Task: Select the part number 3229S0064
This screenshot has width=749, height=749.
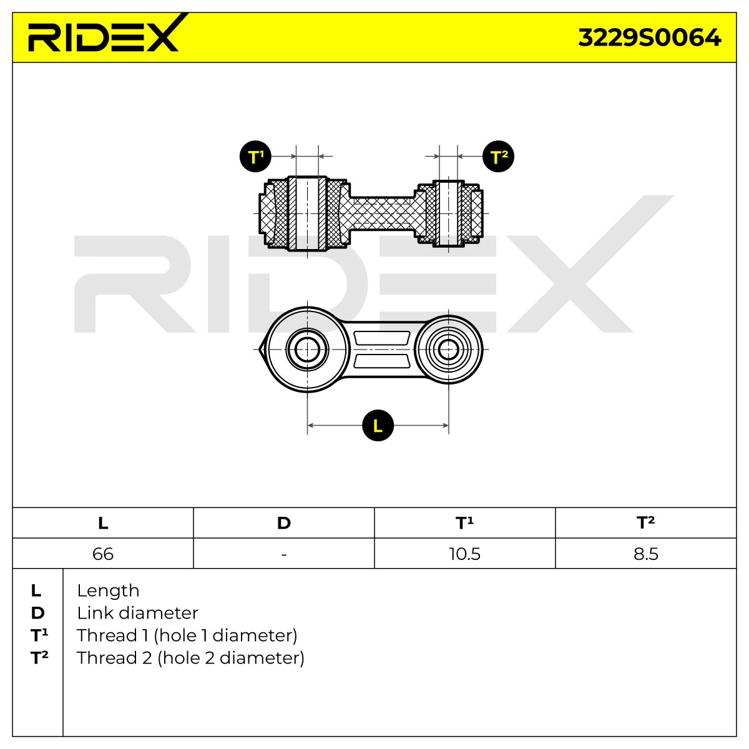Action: (650, 38)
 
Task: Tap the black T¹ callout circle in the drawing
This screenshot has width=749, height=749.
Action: (255, 156)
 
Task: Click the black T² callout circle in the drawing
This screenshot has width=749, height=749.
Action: (498, 156)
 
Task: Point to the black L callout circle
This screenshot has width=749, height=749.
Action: (378, 425)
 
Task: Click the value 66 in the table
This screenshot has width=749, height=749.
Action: (103, 554)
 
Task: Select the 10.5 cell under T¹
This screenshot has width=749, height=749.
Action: (465, 554)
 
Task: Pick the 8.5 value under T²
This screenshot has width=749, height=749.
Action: (646, 554)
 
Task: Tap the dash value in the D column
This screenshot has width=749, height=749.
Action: (284, 555)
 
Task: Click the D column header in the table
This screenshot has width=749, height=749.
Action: (284, 523)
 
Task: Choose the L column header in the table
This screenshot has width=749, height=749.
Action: (103, 523)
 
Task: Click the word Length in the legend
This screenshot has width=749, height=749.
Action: (108, 591)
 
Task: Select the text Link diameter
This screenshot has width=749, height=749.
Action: (137, 613)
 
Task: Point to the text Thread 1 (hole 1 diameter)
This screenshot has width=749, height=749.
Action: (187, 635)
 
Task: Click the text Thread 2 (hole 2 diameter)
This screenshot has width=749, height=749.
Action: (190, 658)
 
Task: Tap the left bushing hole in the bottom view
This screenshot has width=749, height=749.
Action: (307, 350)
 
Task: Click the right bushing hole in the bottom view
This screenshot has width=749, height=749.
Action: (449, 350)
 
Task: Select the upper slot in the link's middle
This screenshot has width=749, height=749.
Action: (382, 338)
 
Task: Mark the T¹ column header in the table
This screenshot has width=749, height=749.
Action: (465, 523)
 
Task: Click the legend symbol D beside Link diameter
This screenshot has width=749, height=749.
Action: (37, 614)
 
